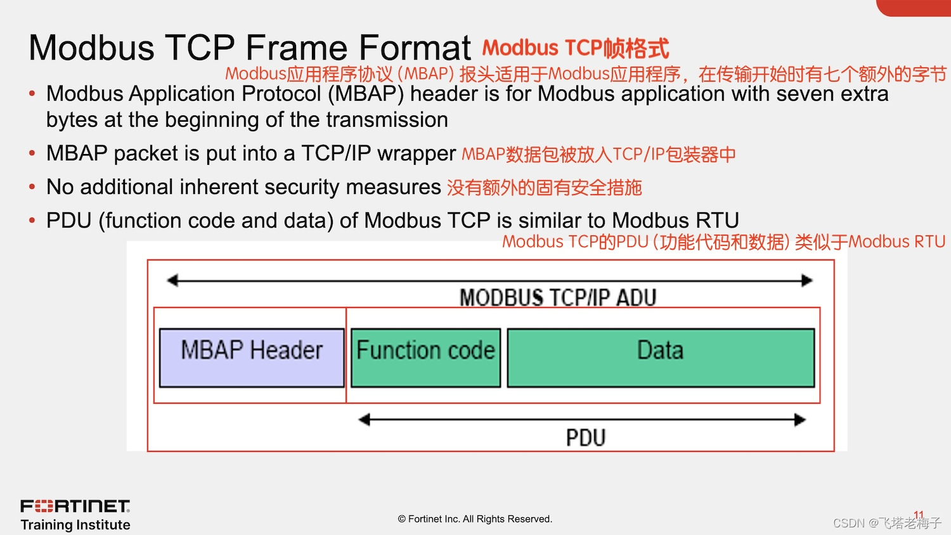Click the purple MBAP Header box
252,358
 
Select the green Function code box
425,358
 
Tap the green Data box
661,358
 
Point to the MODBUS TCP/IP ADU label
557,297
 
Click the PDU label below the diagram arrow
585,437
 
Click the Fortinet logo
75,506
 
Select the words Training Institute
75,525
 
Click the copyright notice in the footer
475,519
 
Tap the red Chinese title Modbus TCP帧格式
575,48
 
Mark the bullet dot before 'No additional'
32,187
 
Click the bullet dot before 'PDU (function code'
32,221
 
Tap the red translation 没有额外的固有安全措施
544,188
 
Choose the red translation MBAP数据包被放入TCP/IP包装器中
598,154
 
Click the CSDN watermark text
886,523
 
